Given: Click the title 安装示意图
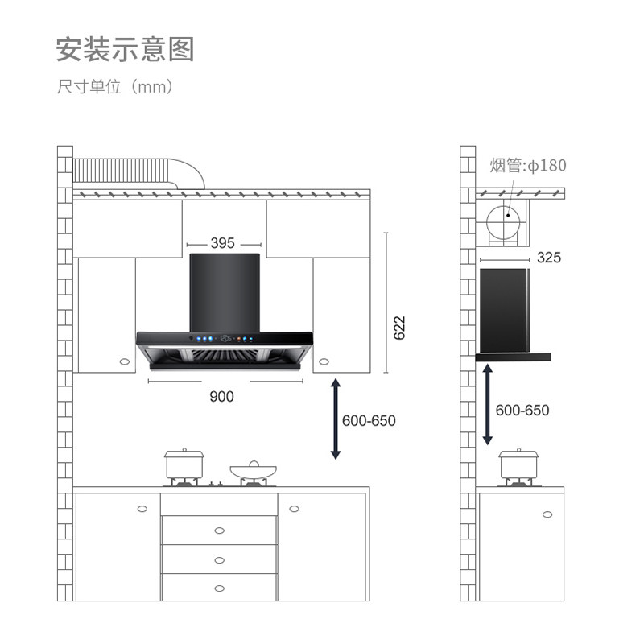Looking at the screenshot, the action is (125, 50).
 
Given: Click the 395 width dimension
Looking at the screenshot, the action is (223, 243).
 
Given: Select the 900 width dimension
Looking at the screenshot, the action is (221, 395).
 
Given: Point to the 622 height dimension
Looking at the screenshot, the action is (399, 328).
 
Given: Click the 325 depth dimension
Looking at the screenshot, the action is (548, 258).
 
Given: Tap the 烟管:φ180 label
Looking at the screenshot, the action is (528, 166).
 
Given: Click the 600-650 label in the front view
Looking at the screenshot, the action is (369, 420).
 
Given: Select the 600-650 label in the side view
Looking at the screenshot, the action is (522, 410).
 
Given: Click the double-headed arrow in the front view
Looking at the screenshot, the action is (336, 419).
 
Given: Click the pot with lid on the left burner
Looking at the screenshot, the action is (184, 464).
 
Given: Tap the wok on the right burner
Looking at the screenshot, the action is (253, 470).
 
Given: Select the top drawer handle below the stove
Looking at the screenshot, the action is (219, 530).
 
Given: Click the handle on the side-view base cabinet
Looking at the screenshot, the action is (547, 514).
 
